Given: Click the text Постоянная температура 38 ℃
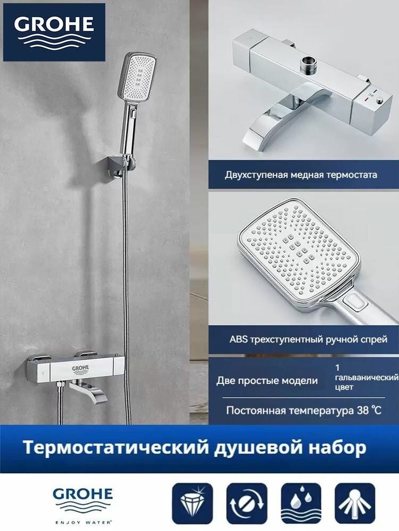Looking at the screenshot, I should click(304, 410).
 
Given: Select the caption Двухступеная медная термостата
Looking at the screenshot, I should click(301, 175).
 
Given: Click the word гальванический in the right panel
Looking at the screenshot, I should click(367, 377).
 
